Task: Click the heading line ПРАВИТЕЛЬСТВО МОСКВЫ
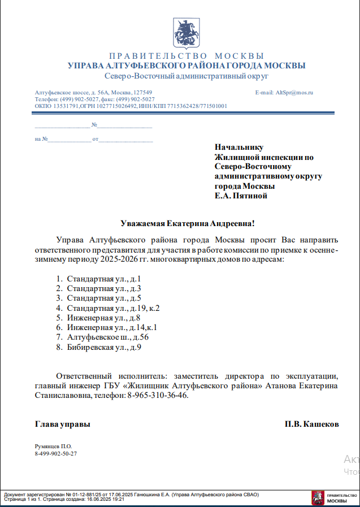pyautogui.click(x=186, y=56)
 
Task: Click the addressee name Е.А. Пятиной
pyautogui.click(x=241, y=196)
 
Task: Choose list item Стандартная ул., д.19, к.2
pyautogui.click(x=113, y=308)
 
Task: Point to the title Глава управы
pyautogui.click(x=62, y=424)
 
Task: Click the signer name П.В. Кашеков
pyautogui.click(x=312, y=424)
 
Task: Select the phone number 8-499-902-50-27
pyautogui.click(x=56, y=453)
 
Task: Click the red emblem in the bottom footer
pyautogui.click(x=318, y=498)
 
